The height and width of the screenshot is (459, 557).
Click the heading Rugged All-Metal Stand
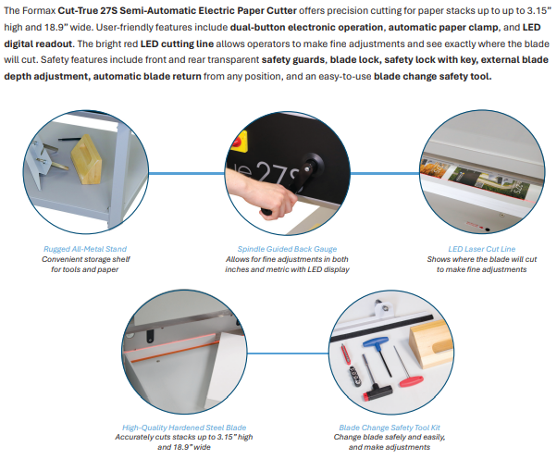point(85,249)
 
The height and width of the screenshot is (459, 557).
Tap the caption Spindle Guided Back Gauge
point(287,249)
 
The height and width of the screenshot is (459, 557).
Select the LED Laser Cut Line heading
point(482,249)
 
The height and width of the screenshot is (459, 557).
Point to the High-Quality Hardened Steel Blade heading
point(184,428)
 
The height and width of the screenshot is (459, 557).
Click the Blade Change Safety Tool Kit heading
point(390,428)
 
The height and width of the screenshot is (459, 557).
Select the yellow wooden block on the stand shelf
point(86,159)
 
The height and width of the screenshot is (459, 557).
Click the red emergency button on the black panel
point(239,142)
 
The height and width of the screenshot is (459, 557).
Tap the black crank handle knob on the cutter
point(312,164)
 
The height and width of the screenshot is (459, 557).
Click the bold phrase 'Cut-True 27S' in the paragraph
point(87,11)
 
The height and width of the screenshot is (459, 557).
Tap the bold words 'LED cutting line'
point(177,43)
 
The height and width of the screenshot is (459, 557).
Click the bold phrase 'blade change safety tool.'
point(433,76)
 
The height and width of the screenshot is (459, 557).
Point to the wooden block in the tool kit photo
point(430,342)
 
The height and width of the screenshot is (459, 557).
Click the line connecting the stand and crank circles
point(187,173)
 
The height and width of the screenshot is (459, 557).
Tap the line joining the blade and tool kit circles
point(288,354)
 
